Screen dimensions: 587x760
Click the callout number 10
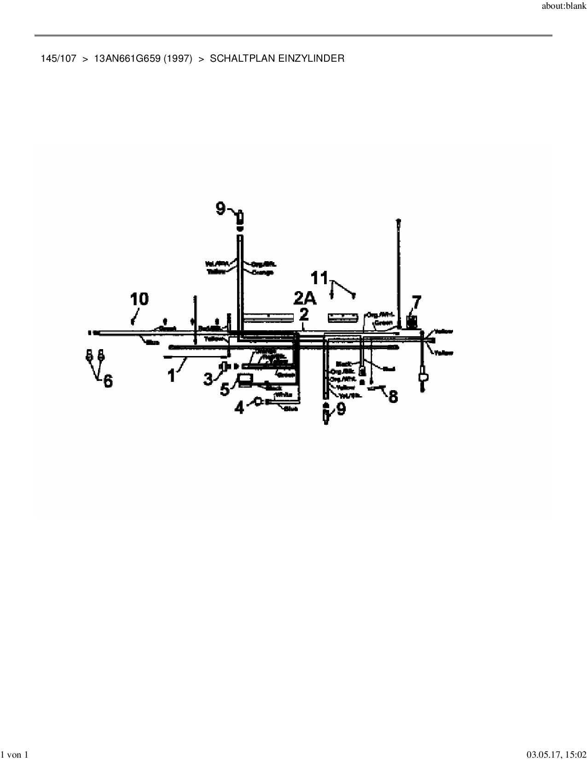139,299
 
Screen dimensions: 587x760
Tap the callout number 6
108,381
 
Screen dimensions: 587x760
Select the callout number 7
416,303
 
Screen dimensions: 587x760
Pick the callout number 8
393,396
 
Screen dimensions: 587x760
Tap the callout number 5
225,389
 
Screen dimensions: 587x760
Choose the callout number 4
239,407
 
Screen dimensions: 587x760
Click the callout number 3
209,379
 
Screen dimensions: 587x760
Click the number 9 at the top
221,209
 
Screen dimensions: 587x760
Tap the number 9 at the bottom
341,408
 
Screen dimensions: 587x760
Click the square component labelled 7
413,321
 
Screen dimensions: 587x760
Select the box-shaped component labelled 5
244,380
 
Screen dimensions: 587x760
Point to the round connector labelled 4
259,402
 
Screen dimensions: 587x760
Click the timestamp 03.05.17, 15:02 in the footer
556,754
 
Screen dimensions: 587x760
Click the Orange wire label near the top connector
263,272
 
